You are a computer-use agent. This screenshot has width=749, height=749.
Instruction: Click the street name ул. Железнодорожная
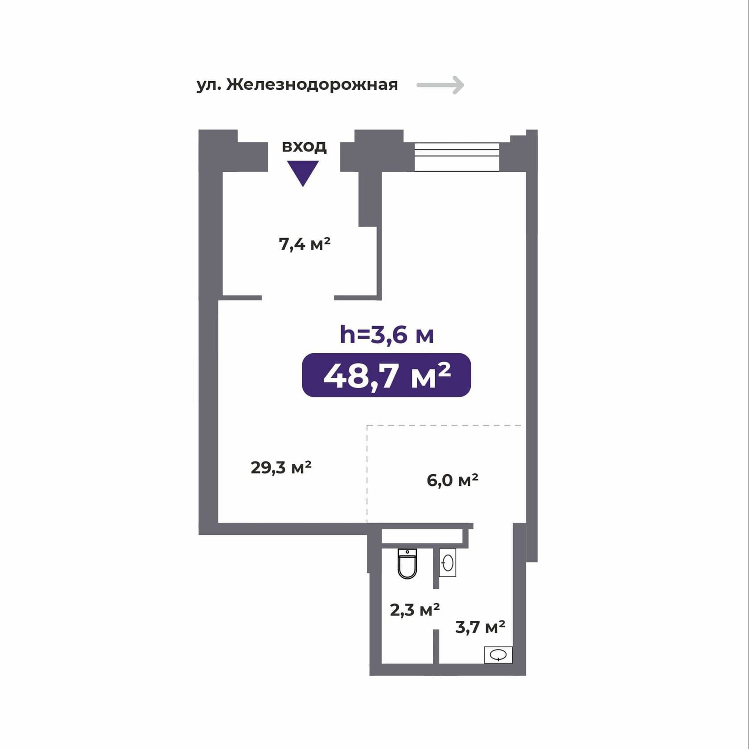pyautogui.click(x=297, y=84)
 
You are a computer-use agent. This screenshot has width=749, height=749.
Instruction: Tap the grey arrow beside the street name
pyautogui.click(x=440, y=85)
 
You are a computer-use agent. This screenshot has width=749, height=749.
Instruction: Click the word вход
pyautogui.click(x=304, y=146)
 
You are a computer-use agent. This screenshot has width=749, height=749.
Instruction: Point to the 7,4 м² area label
pyautogui.click(x=305, y=244)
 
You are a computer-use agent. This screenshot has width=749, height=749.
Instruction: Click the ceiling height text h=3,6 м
pyautogui.click(x=387, y=335)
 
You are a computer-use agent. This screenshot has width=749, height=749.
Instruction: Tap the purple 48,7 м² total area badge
pyautogui.click(x=387, y=375)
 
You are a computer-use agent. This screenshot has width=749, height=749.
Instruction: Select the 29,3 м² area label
pyautogui.click(x=281, y=468)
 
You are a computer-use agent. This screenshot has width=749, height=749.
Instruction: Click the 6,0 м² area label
pyautogui.click(x=453, y=480)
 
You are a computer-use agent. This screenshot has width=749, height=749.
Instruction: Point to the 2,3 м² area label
pyautogui.click(x=415, y=610)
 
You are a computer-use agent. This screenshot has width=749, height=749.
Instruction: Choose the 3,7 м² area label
pyautogui.click(x=480, y=627)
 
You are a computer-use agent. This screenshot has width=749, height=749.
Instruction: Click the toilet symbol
pyautogui.click(x=407, y=564)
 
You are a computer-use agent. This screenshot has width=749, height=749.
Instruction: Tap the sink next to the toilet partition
pyautogui.click(x=448, y=563)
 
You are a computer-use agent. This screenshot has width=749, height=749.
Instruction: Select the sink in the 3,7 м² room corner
pyautogui.click(x=498, y=655)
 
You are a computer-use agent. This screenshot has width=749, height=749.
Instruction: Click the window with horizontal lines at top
pyautogui.click(x=457, y=157)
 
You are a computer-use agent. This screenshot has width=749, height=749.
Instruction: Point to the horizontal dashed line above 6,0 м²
pyautogui.click(x=444, y=425)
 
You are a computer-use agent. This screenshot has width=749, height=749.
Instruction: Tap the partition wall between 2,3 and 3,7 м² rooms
pyautogui.click(x=436, y=646)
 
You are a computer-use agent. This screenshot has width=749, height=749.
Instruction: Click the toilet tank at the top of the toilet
pyautogui.click(x=407, y=554)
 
